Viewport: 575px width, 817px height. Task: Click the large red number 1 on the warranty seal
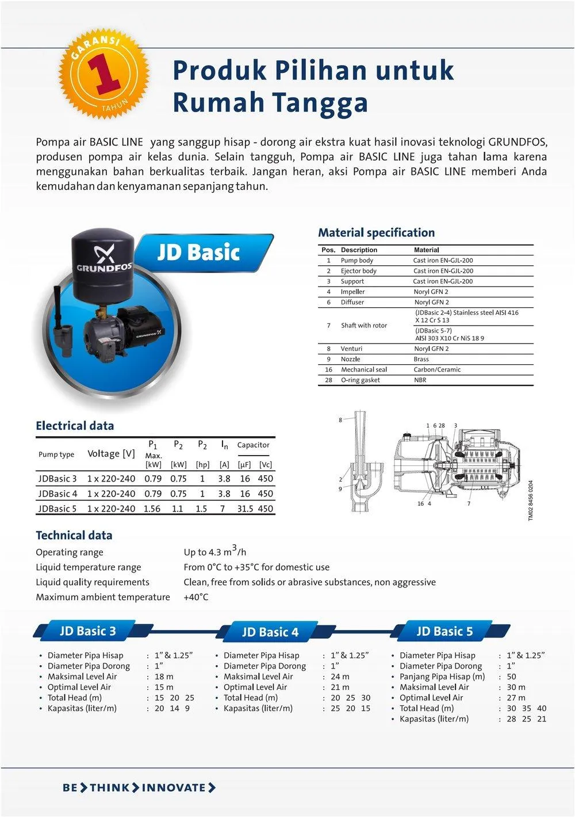(x=103, y=74)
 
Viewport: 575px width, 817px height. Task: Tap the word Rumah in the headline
(x=217, y=102)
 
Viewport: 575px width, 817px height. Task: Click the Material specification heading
(x=376, y=233)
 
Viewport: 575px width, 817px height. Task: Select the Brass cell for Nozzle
(x=421, y=359)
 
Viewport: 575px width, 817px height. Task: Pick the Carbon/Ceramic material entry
(x=436, y=369)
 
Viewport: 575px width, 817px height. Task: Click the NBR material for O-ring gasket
(x=420, y=380)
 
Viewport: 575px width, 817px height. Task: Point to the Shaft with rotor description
(x=363, y=326)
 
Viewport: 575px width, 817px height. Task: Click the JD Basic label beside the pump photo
(x=198, y=252)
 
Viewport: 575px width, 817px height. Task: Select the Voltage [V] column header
(x=111, y=453)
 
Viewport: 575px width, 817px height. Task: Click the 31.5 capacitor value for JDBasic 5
(x=245, y=509)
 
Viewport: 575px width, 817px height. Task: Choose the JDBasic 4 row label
(x=57, y=494)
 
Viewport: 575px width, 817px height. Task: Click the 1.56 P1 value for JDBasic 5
(x=152, y=509)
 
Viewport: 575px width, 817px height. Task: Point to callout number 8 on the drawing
(x=340, y=420)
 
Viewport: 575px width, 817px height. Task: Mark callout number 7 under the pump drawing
(x=469, y=504)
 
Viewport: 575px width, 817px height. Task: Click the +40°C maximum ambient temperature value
(x=195, y=597)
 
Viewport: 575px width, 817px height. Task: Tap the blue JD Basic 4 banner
(x=270, y=632)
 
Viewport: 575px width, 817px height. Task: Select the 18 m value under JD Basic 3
(x=164, y=677)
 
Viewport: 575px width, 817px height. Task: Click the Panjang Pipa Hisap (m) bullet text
(x=442, y=677)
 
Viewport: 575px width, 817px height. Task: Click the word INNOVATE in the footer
(x=174, y=788)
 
